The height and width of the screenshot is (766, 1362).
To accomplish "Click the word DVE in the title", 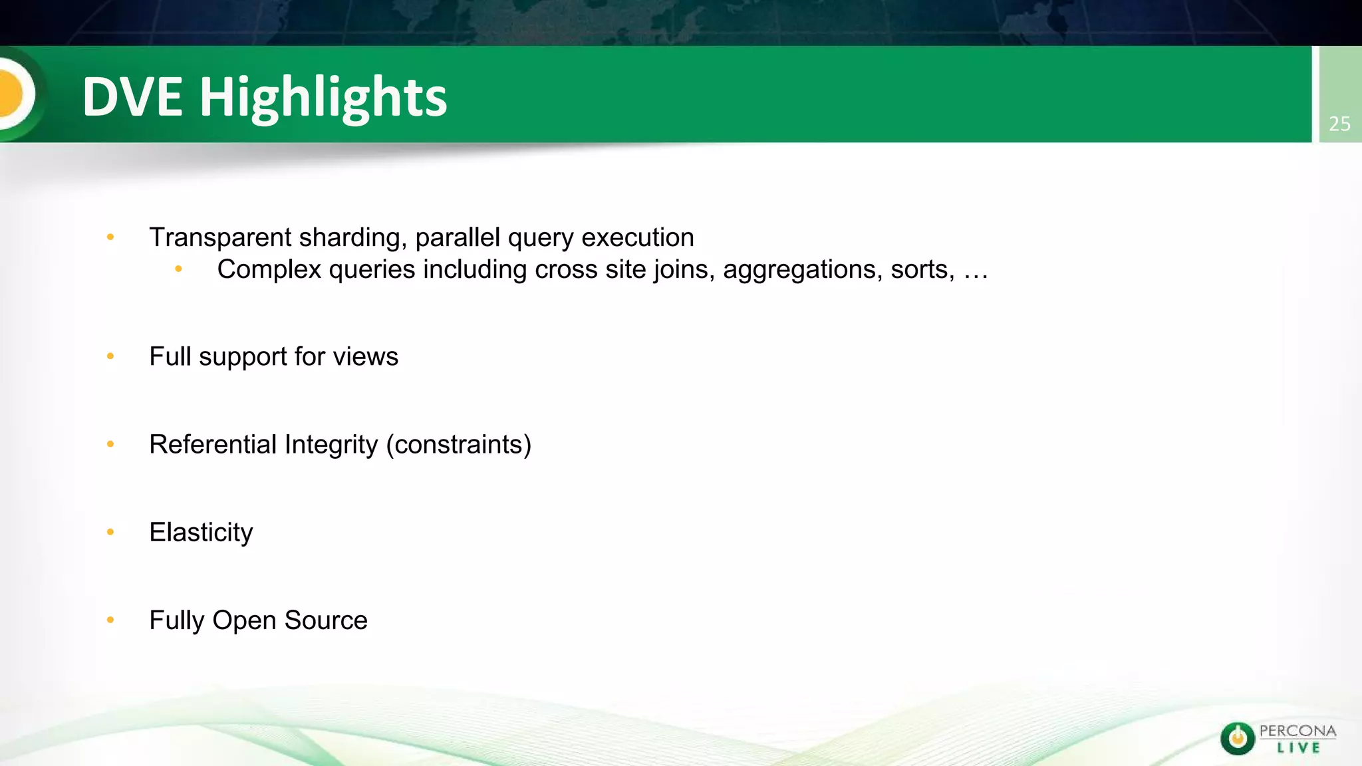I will [x=132, y=97].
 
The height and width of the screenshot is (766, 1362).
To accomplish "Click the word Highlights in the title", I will [x=323, y=98].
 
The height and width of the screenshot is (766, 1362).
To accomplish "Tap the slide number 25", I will [x=1339, y=124].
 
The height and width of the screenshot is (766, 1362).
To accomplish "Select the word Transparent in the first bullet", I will [x=220, y=237].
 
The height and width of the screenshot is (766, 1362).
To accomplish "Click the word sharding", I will [x=352, y=238].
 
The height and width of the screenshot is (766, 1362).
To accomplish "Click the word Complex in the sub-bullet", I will [x=269, y=270].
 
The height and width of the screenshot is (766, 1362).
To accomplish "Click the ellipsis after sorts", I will [x=976, y=271].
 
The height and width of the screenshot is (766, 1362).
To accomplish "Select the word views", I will [x=366, y=357].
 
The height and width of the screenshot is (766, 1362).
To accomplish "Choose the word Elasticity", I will [x=201, y=533].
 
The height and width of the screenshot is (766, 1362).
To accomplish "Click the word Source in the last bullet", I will [x=326, y=620].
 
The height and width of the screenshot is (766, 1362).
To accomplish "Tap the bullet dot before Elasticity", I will [x=110, y=532].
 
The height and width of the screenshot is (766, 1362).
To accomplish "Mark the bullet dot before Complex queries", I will [x=178, y=269].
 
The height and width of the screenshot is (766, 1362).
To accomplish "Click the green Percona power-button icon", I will [x=1238, y=738].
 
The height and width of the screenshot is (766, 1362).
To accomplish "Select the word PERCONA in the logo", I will [x=1297, y=731].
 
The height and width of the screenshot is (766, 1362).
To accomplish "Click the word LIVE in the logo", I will [x=1298, y=748].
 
